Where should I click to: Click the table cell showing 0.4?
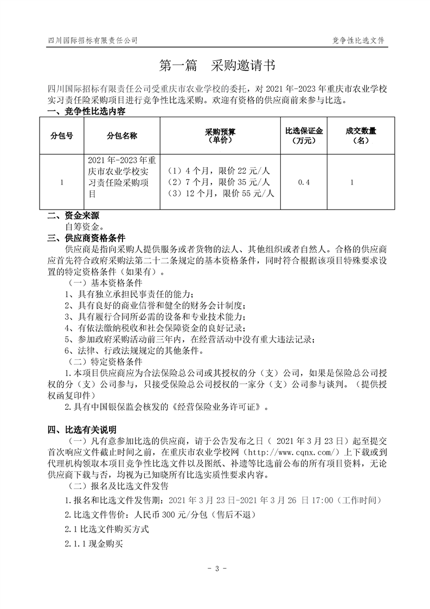click(x=304, y=183)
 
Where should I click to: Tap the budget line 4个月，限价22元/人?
click(x=220, y=170)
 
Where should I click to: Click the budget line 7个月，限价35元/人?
click(x=220, y=181)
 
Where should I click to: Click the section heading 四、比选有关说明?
click(x=82, y=430)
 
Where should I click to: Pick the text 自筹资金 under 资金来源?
click(x=85, y=227)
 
